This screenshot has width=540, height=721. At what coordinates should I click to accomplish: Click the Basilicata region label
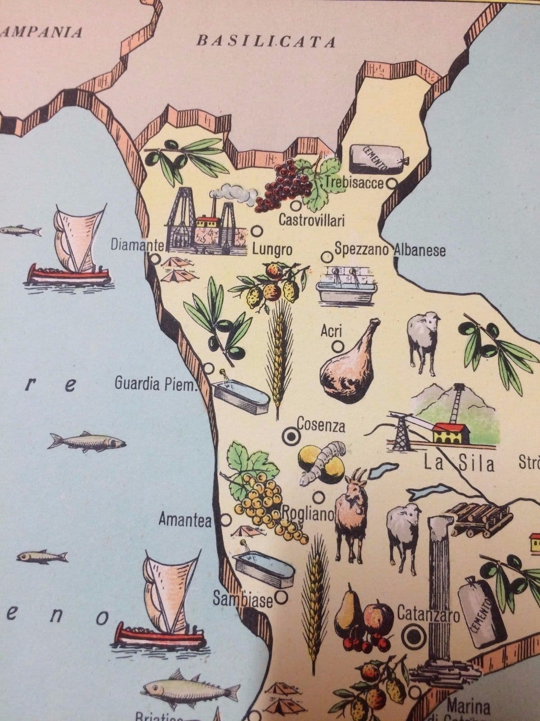point(266,41)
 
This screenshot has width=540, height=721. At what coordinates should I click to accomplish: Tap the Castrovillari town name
point(311,220)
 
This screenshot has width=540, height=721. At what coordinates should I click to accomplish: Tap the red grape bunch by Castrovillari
point(281,185)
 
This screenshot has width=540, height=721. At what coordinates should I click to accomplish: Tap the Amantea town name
point(184,520)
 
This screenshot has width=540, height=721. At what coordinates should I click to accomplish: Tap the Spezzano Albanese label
point(390,250)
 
